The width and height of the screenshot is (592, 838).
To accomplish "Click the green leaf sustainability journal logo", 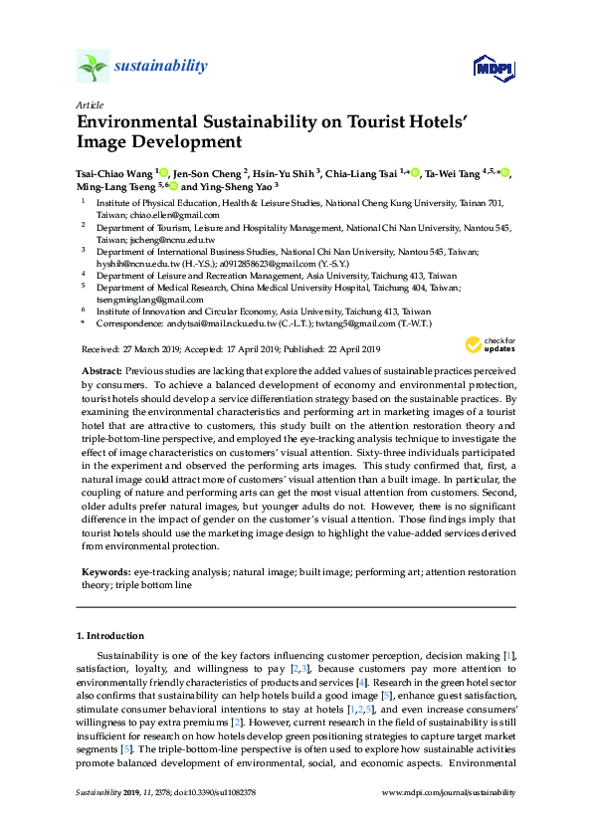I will click(x=94, y=67).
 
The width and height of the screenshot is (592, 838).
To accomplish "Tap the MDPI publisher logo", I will click(x=493, y=67).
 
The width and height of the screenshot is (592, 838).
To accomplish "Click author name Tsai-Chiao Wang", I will click(x=114, y=172).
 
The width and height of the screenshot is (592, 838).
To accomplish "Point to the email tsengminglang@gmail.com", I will click(x=150, y=299).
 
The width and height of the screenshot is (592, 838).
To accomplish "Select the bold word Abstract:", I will click(x=102, y=369).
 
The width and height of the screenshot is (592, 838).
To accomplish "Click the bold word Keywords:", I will click(x=105, y=574).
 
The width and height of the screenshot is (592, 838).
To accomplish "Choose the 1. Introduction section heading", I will click(x=109, y=636).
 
